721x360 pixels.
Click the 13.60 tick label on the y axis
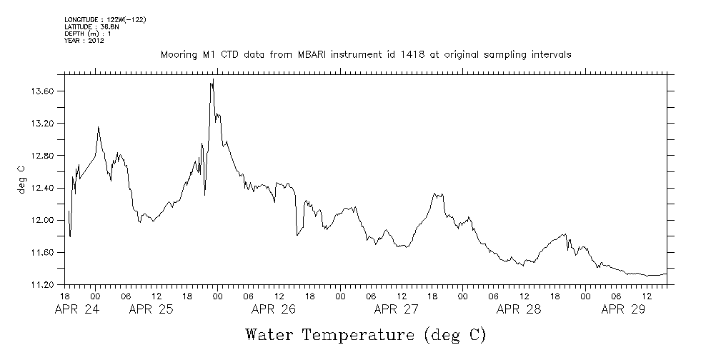[x=45, y=91]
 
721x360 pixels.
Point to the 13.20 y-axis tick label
[x=45, y=124]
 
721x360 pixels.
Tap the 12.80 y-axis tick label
[x=45, y=156]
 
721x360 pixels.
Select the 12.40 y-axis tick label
[x=45, y=188]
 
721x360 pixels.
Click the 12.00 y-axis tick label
[x=45, y=220]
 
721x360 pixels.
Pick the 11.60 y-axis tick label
[x=45, y=252]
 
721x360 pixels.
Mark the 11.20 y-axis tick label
[x=45, y=284]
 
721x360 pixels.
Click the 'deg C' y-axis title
[x=21, y=179]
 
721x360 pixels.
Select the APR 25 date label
[x=151, y=309]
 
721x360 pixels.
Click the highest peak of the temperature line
[x=212, y=81]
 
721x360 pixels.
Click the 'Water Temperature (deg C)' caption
[x=365, y=334]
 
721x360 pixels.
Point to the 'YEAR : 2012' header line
[x=84, y=41]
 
